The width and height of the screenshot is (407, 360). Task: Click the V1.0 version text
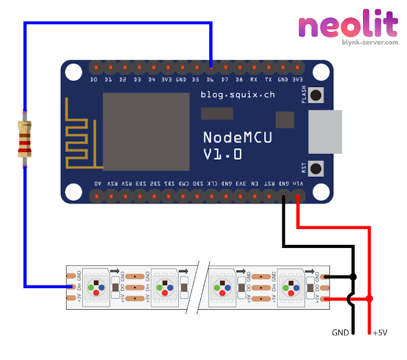[x=222, y=153]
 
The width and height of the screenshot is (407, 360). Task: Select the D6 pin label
[x=210, y=80]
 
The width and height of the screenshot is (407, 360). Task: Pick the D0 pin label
[x=94, y=80]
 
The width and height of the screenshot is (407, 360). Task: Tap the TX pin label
[x=268, y=80]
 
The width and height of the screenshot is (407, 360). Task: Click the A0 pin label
[x=97, y=183]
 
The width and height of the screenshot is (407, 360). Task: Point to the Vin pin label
[x=298, y=183]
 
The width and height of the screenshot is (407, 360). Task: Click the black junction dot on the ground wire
[x=354, y=277]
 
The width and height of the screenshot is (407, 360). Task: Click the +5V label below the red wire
[x=380, y=333]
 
